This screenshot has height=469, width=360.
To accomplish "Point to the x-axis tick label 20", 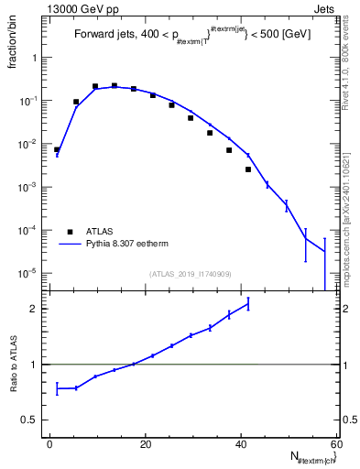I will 146,445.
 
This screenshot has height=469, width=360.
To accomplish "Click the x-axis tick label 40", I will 241,445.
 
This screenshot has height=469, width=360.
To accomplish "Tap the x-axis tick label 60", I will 335,445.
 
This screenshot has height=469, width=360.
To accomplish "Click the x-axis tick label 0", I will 50,445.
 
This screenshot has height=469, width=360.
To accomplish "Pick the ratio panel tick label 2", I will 34,309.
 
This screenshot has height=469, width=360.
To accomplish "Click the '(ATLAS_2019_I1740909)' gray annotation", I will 190,273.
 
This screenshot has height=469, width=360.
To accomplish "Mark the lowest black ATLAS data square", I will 248,169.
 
